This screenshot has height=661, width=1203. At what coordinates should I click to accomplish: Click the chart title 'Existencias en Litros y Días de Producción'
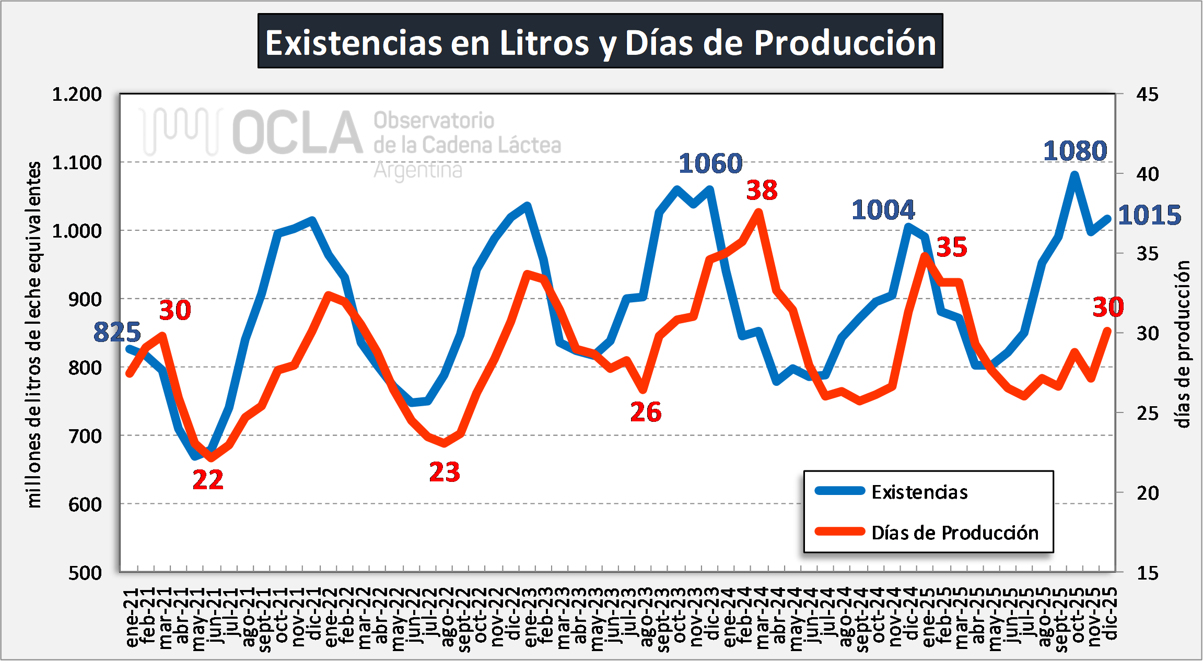600,42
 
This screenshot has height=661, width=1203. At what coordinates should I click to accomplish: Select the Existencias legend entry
919,492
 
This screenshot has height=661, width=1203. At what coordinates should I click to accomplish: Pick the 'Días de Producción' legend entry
954,533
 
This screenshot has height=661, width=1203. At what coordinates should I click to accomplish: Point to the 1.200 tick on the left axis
77,95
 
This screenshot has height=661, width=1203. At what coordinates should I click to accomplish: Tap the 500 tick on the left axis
85,573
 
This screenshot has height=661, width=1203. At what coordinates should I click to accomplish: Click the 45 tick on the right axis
1147,95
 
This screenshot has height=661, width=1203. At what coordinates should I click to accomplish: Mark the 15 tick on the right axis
1147,573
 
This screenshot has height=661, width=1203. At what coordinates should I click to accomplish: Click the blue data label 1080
1075,151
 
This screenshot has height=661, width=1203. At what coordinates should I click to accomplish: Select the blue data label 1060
710,163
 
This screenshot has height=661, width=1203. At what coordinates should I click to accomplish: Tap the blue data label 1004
883,210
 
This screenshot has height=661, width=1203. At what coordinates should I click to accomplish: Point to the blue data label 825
117,332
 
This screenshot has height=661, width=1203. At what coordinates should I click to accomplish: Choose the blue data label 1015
1149,215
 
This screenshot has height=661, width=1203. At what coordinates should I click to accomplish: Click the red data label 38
762,190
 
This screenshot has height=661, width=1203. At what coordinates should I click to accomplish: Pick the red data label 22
208,480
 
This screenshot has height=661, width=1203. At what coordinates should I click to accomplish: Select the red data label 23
445,472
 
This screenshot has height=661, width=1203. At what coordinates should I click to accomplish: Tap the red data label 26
646,412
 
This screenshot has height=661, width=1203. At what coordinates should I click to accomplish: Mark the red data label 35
952,247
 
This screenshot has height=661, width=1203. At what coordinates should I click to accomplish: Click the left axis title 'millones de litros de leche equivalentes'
34,334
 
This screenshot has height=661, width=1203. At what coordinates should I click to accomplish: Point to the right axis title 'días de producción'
1183,345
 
